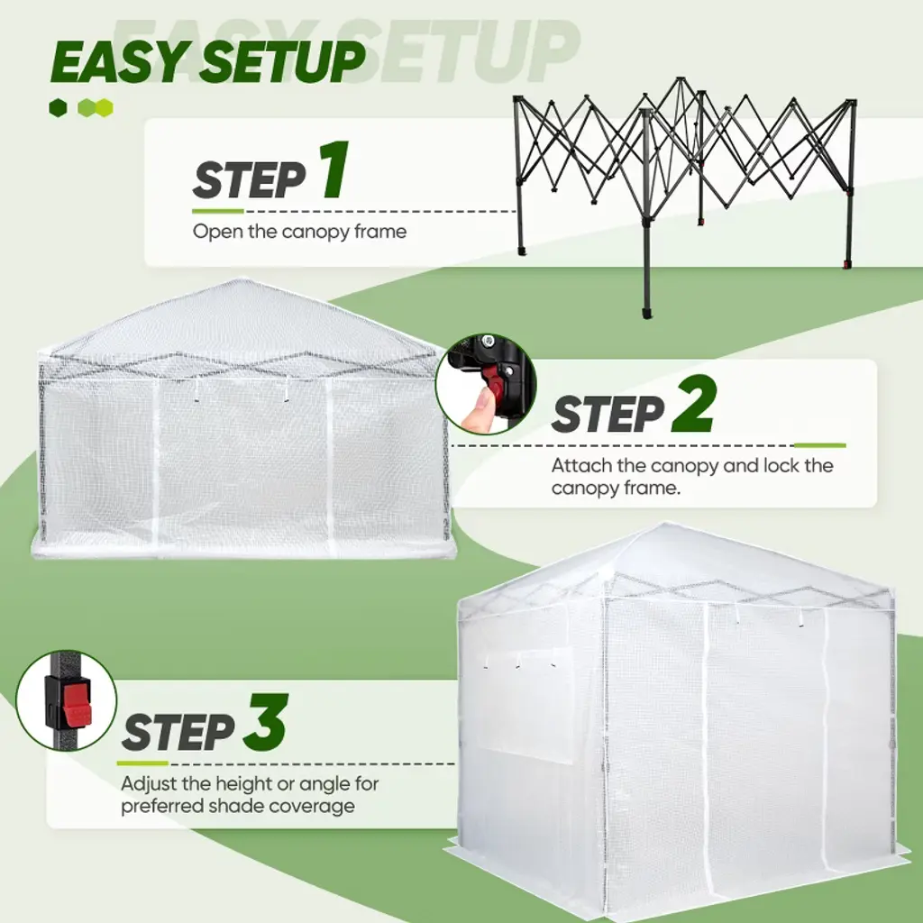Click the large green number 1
pos(335,169)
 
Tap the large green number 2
pos(694,405)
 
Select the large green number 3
pos(266,722)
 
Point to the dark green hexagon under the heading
pos(58,108)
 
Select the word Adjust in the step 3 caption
pos(149,784)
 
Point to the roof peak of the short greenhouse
pos(240,281)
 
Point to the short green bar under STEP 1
pos(218,211)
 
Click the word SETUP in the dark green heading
pos(282,62)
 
